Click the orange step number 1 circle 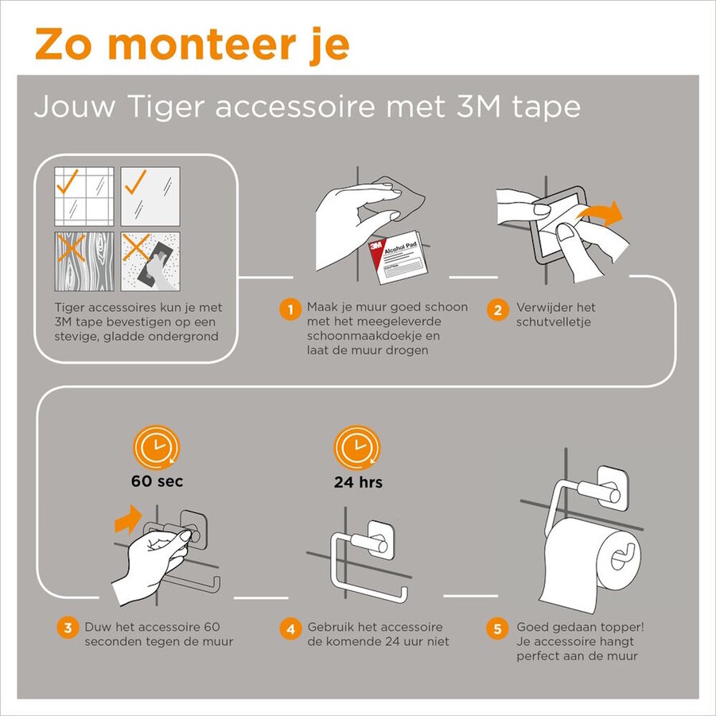pos(291,309)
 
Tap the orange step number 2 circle pos(497,309)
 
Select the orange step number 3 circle pos(67,628)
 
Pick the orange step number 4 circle pos(290,628)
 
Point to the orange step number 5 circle pos(497,628)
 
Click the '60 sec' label pos(157,481)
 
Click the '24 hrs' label pos(358,481)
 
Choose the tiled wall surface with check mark pos(84,196)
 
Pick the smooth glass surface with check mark pos(150,196)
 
